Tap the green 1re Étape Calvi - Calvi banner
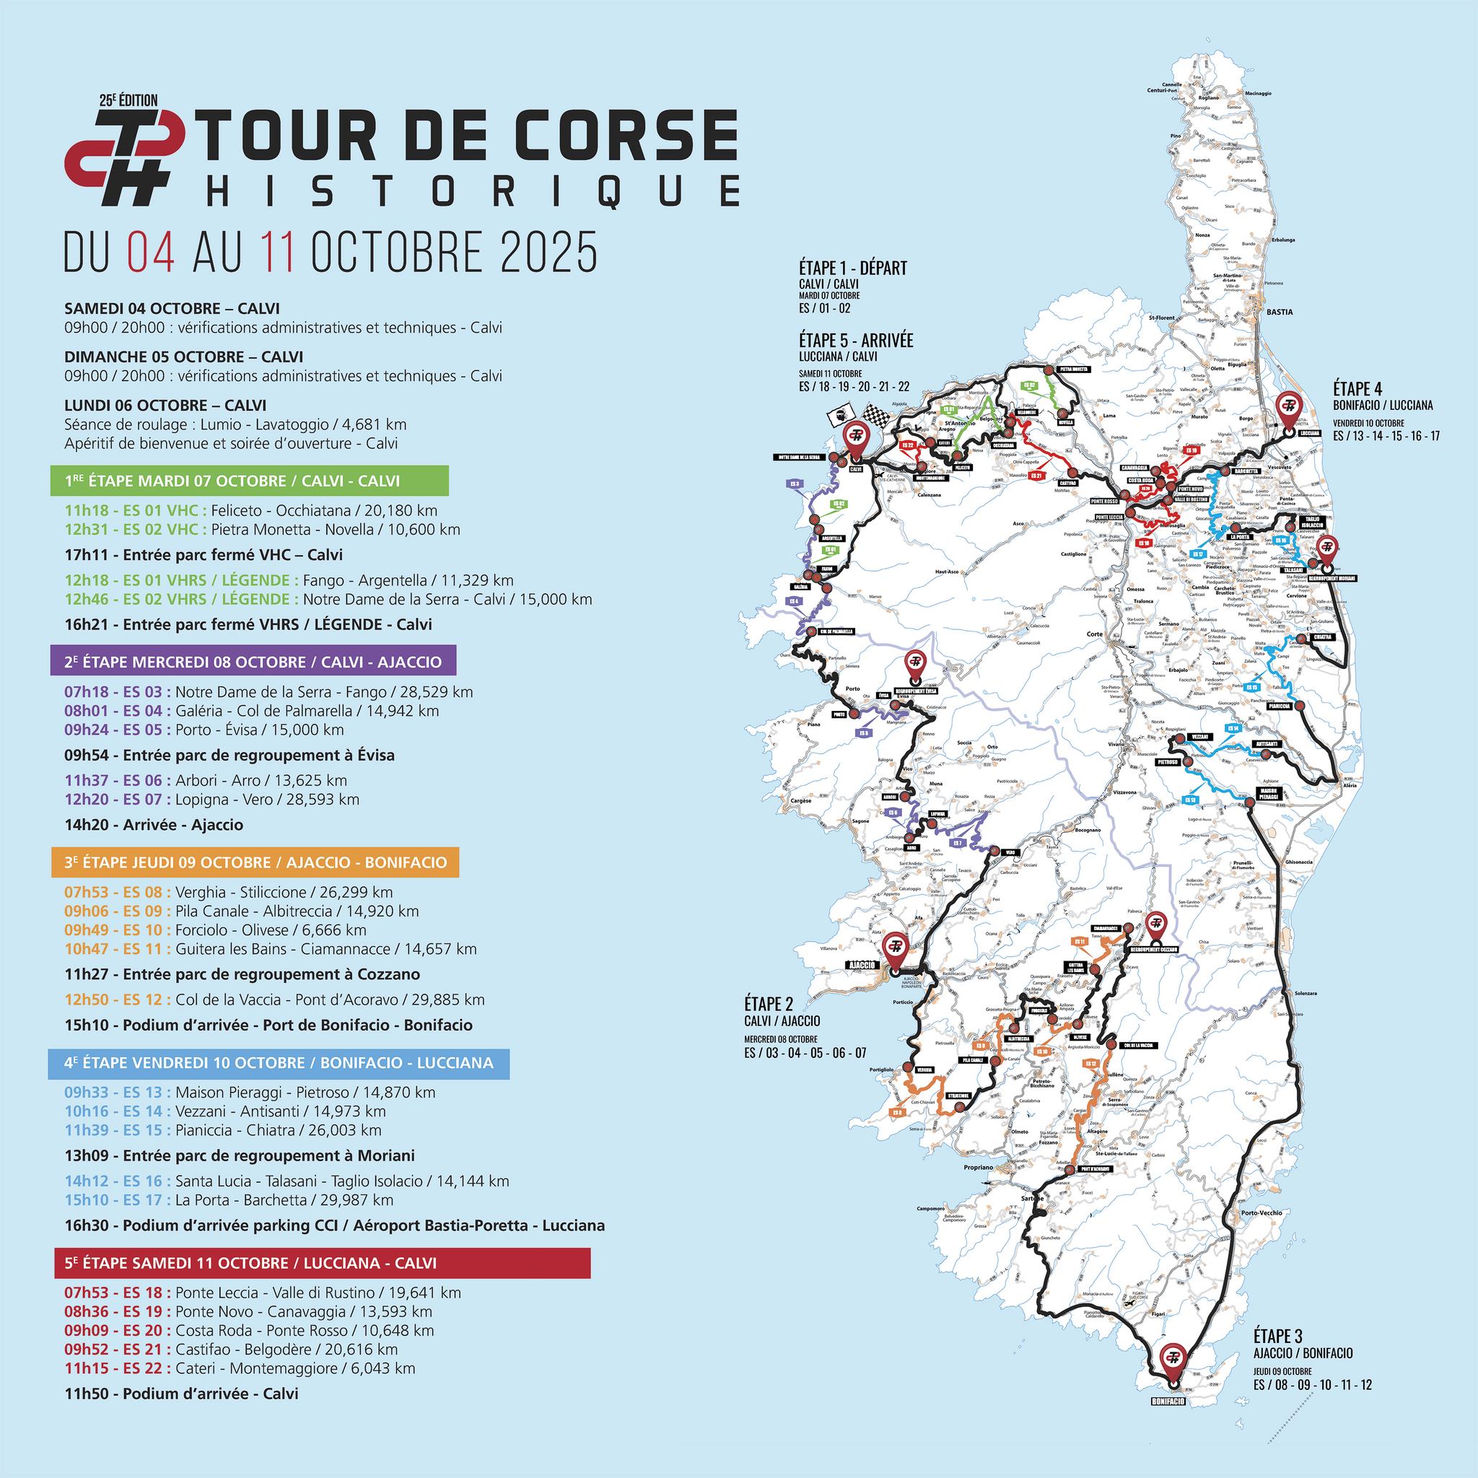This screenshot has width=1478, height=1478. [x=251, y=481]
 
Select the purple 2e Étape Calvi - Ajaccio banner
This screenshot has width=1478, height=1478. [x=255, y=660]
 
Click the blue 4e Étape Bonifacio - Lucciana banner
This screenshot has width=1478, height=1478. [x=280, y=1063]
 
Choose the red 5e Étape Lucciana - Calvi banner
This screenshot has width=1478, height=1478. [x=322, y=1263]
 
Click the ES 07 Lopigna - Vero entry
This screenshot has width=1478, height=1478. [x=212, y=800]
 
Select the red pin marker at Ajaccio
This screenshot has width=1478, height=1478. [x=893, y=945]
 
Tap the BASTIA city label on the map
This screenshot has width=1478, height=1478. [x=1280, y=312]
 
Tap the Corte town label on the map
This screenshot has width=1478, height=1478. [x=1095, y=634]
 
